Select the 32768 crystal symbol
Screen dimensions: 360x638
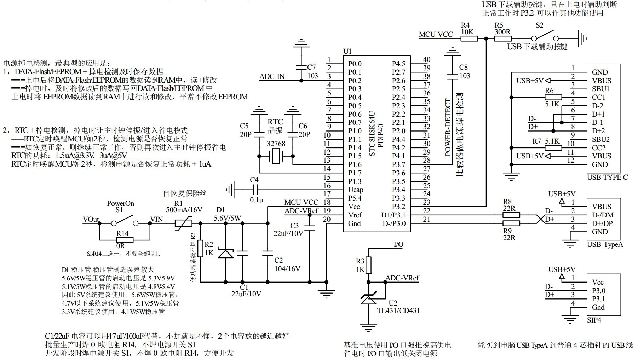tap(276, 156)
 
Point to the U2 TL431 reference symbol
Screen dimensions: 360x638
tap(368, 299)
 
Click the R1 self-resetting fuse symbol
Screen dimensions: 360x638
tap(184, 223)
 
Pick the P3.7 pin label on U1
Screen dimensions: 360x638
tap(398, 164)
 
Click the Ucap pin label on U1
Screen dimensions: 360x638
tap(356, 190)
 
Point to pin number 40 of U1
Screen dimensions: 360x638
tap(427, 60)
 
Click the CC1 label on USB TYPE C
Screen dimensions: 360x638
tap(599, 97)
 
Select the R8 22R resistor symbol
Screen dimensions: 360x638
tap(511, 215)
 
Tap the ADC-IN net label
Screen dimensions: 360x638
tap(272, 77)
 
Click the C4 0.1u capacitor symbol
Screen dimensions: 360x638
tap(254, 190)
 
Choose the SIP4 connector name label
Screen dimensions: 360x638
tap(594, 320)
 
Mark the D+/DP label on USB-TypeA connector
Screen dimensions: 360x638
tap(602, 223)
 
